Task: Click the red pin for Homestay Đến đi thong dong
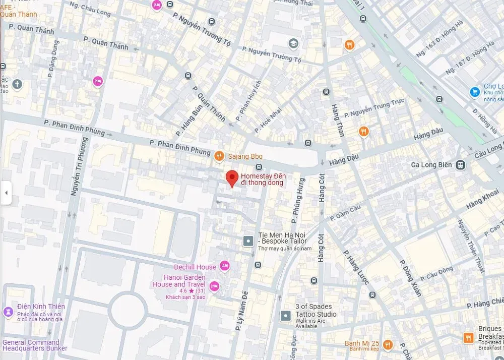click(231, 178)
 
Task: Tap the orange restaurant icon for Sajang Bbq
click(218, 157)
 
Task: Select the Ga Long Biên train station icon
click(460, 164)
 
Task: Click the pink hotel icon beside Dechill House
click(224, 266)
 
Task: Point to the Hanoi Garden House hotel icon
click(214, 286)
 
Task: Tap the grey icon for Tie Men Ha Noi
click(248, 242)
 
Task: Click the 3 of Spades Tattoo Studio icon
click(286, 316)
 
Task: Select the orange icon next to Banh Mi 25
click(388, 345)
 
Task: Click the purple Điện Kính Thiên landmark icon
click(8, 312)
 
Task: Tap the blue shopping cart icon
click(474, 92)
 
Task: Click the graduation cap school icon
click(293, 44)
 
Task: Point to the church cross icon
click(18, 84)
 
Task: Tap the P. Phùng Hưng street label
click(298, 200)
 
